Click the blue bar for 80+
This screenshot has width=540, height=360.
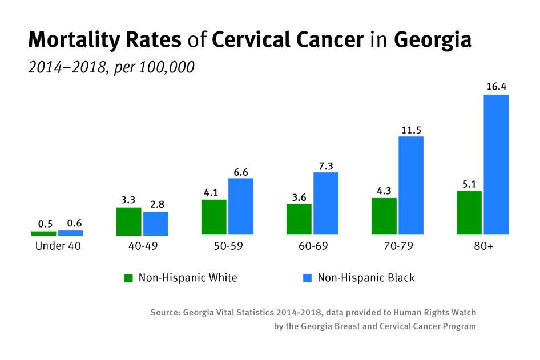496,164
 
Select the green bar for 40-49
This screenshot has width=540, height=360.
128,221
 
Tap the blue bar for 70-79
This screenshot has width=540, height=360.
411,185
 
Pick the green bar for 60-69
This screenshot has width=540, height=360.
299,219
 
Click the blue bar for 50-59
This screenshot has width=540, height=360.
241,207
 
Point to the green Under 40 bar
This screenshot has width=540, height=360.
43,233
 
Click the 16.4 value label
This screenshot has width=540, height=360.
497,87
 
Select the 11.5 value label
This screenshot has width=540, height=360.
411,129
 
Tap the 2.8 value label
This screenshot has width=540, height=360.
155,204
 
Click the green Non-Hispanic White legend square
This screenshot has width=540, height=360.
128,278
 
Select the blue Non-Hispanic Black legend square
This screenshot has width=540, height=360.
308,278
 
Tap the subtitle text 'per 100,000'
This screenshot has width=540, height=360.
154,67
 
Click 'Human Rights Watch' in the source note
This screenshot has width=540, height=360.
435,313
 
